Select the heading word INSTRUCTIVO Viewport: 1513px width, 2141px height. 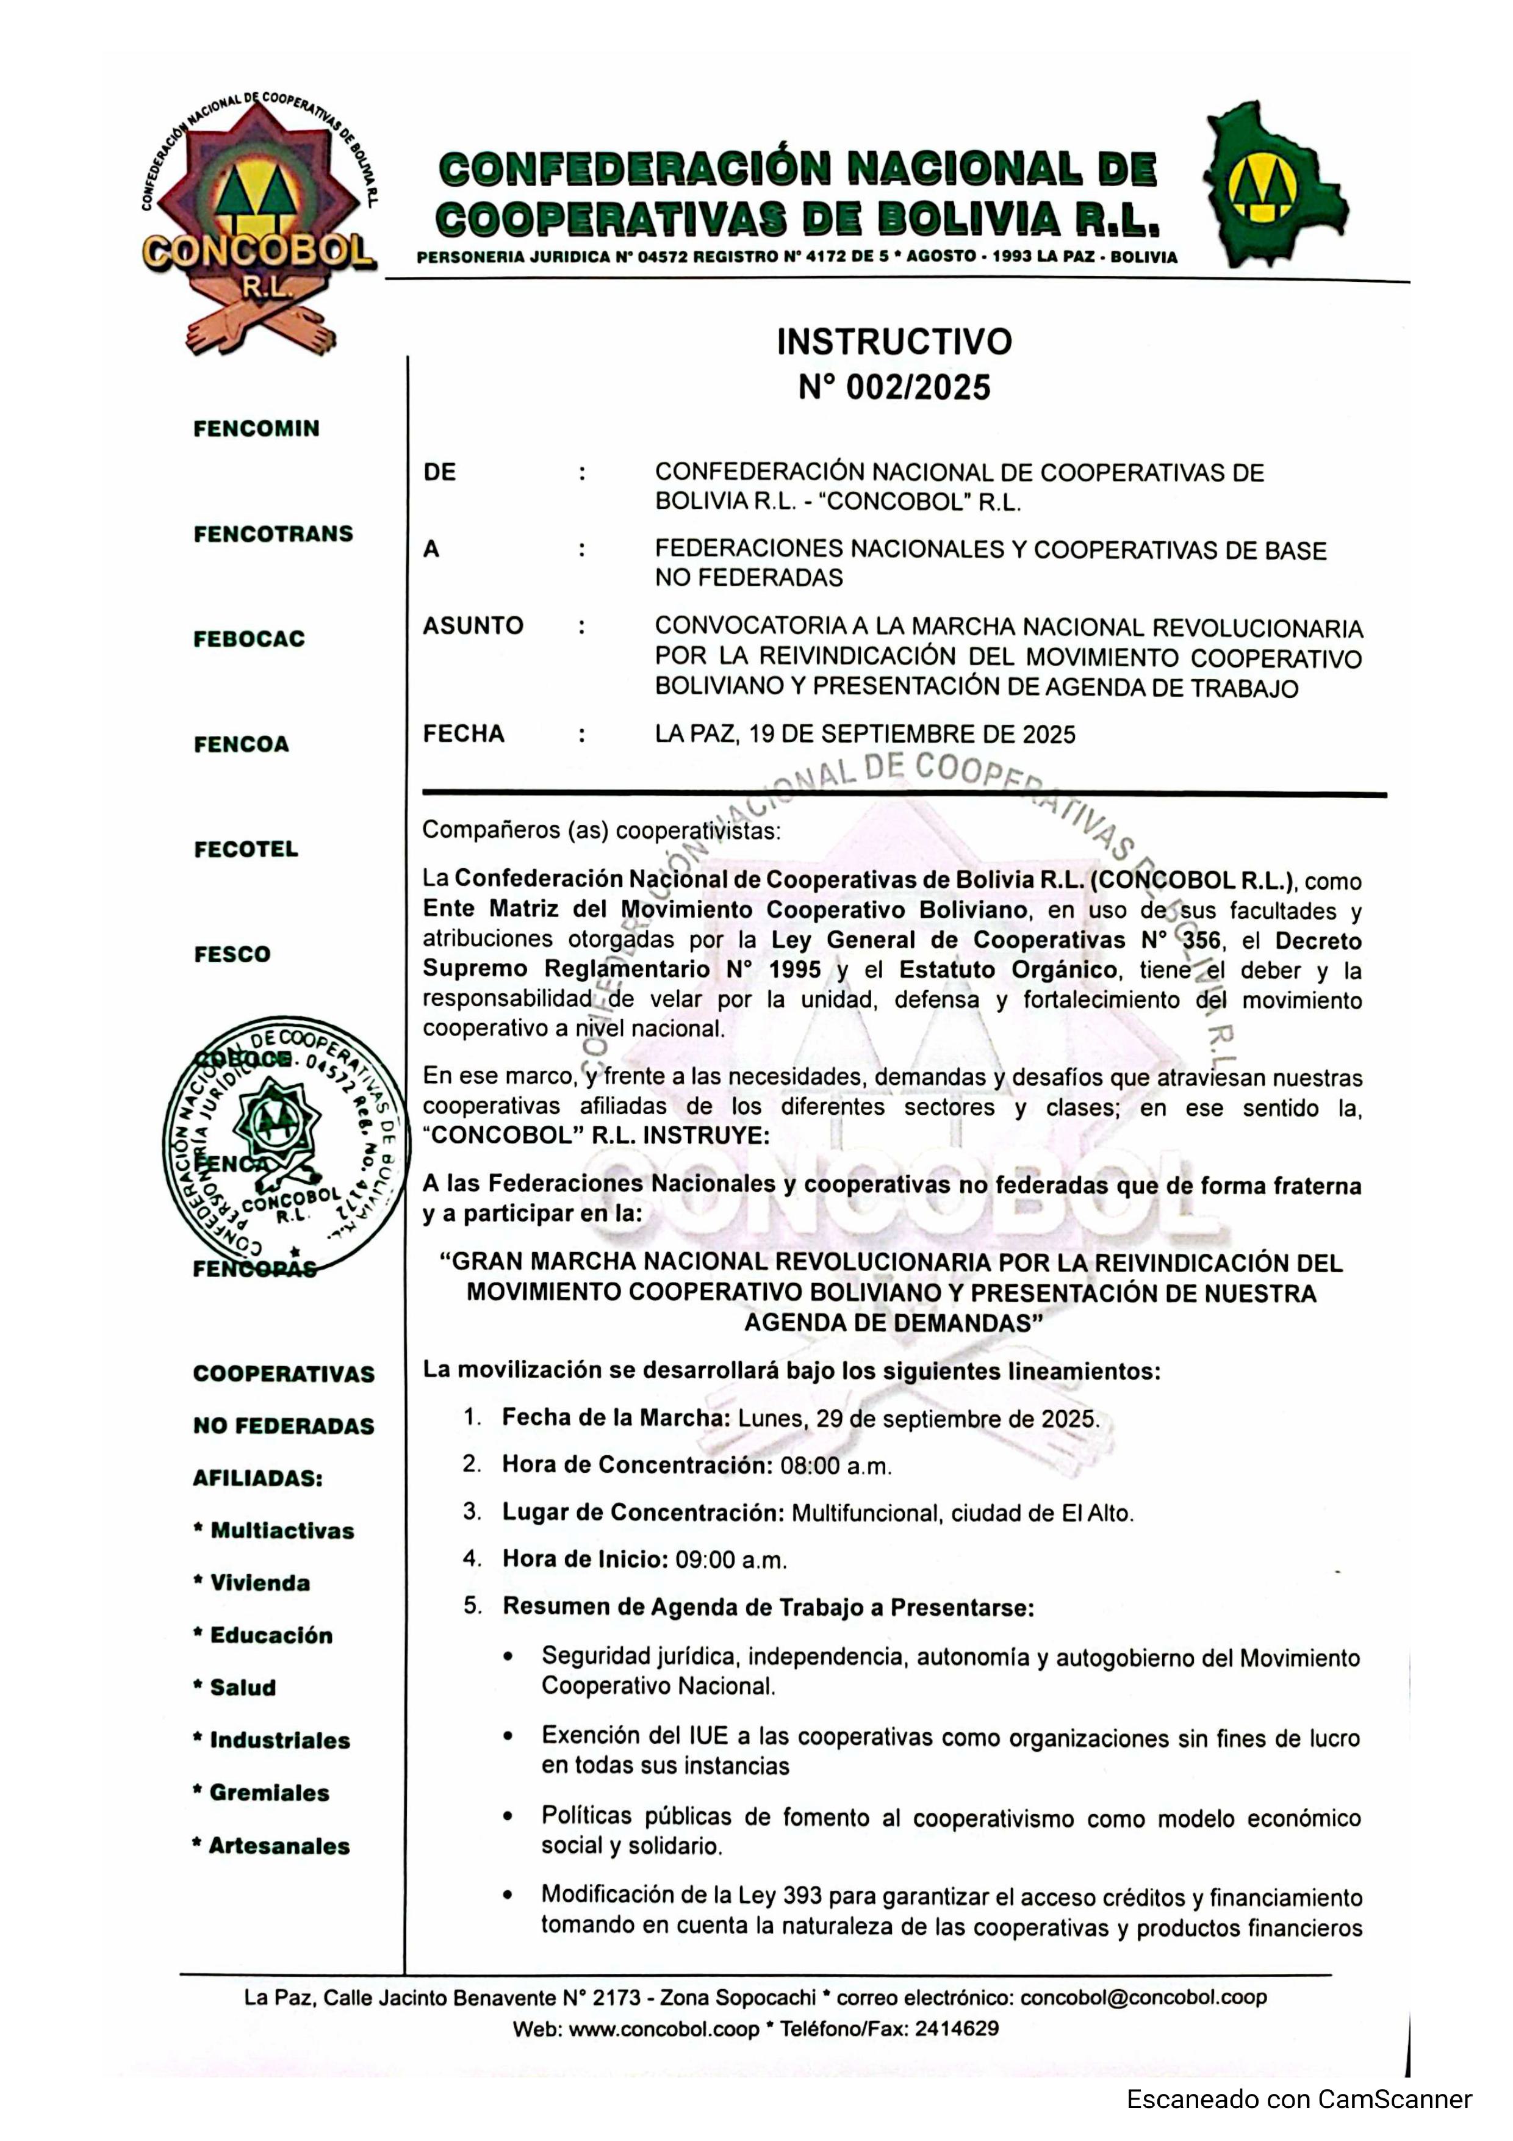894,342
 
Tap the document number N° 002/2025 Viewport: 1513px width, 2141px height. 894,387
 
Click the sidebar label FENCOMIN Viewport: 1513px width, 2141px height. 256,429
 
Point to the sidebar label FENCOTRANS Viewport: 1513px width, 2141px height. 273,534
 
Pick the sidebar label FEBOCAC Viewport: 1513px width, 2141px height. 249,639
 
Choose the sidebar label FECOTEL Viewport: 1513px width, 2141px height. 246,849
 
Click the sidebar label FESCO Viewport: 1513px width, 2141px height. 232,955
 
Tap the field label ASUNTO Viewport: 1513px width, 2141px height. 473,625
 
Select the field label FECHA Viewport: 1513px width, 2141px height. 463,734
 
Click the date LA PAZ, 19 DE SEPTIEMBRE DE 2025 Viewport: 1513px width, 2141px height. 864,735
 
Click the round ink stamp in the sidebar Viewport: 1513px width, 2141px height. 284,1146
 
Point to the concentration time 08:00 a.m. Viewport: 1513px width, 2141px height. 835,1466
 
